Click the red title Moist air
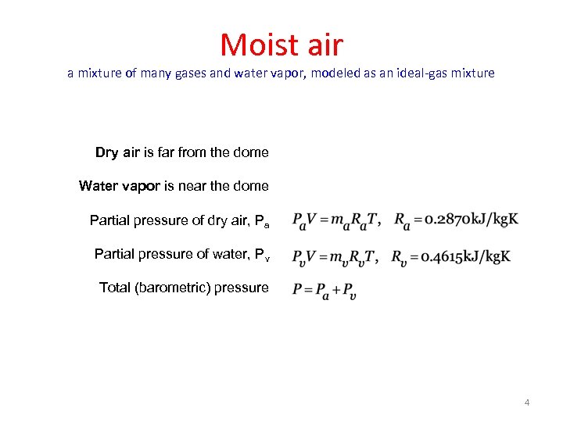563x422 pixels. (x=281, y=45)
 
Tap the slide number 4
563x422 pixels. (x=527, y=402)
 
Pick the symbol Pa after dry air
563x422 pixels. (x=261, y=221)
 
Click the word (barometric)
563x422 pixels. (x=174, y=288)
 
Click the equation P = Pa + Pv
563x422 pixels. (x=324, y=291)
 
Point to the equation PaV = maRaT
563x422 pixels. (x=335, y=221)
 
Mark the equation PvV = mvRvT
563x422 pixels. (x=335, y=256)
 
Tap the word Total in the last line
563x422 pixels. (x=115, y=288)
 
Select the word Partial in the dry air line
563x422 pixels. (x=112, y=220)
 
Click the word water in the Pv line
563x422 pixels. (x=212, y=254)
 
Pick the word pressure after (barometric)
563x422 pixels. (x=242, y=288)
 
